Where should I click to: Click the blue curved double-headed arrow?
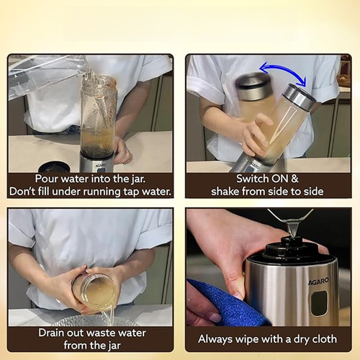(x=283, y=67)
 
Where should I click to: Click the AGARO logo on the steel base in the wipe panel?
(x=318, y=282)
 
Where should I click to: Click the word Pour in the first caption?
(x=47, y=179)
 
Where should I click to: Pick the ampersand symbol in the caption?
(x=294, y=179)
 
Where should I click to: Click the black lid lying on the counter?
(x=54, y=167)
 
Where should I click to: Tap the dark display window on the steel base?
(x=319, y=303)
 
